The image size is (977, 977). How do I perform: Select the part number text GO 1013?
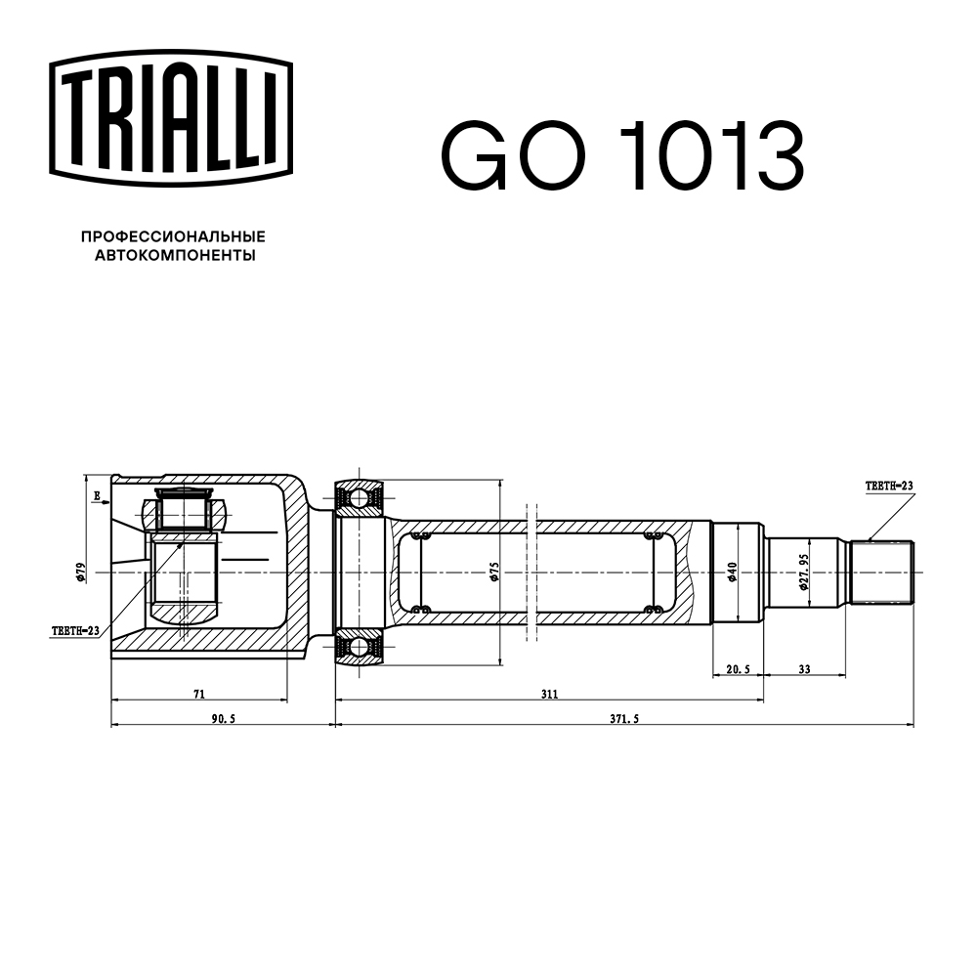622,156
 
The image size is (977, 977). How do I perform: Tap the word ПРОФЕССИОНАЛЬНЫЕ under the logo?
173,236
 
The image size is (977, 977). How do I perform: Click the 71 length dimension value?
198,694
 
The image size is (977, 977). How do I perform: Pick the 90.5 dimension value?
222,718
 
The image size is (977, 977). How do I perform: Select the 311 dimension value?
549,694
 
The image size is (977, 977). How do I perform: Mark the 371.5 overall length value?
622,718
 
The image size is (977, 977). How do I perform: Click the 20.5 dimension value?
738,670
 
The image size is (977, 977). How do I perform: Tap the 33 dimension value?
805,670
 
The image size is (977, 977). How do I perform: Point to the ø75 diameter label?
495,572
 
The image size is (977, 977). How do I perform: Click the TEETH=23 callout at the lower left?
75,632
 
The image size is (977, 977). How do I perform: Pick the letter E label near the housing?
97,497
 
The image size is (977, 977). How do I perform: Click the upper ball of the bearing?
360,498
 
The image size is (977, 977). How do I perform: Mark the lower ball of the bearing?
360,646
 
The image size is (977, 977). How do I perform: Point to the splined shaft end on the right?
881,572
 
